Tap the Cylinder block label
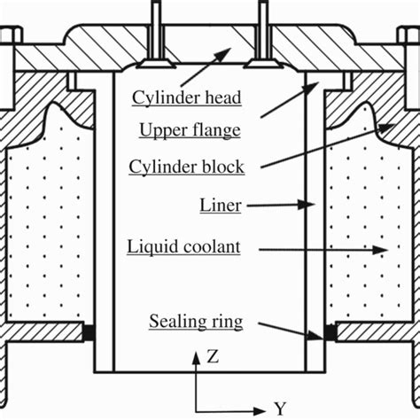coord(186,166)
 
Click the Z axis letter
coord(212,357)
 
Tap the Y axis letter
coord(279,408)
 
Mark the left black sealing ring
coord(89,334)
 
